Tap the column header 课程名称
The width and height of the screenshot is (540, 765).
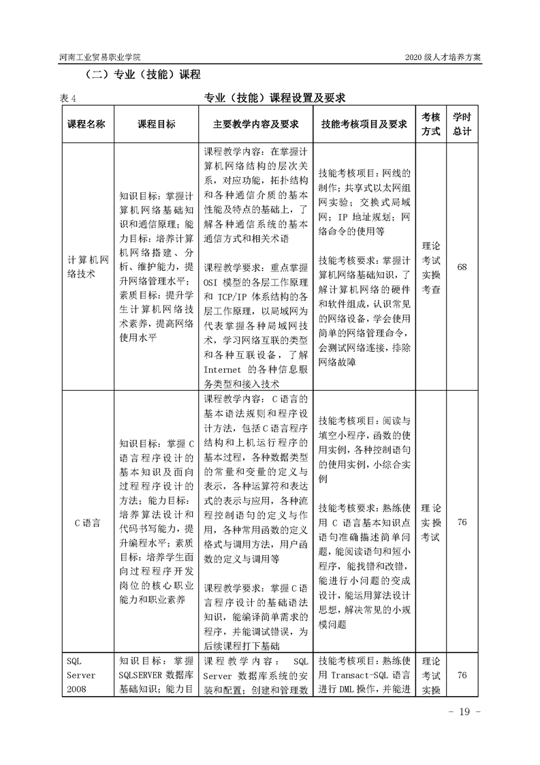[x=86, y=124]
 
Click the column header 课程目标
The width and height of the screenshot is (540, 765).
[x=157, y=124]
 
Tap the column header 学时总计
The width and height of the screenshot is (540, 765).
[x=462, y=124]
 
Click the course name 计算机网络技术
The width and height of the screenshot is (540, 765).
[x=86, y=267]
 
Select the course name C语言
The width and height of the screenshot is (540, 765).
[x=86, y=523]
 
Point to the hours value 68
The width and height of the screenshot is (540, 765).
[x=462, y=267]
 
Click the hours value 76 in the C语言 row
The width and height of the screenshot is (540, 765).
[x=462, y=523]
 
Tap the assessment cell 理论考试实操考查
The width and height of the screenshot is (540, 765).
[x=431, y=267]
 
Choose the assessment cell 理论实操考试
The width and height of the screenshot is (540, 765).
[x=431, y=523]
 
